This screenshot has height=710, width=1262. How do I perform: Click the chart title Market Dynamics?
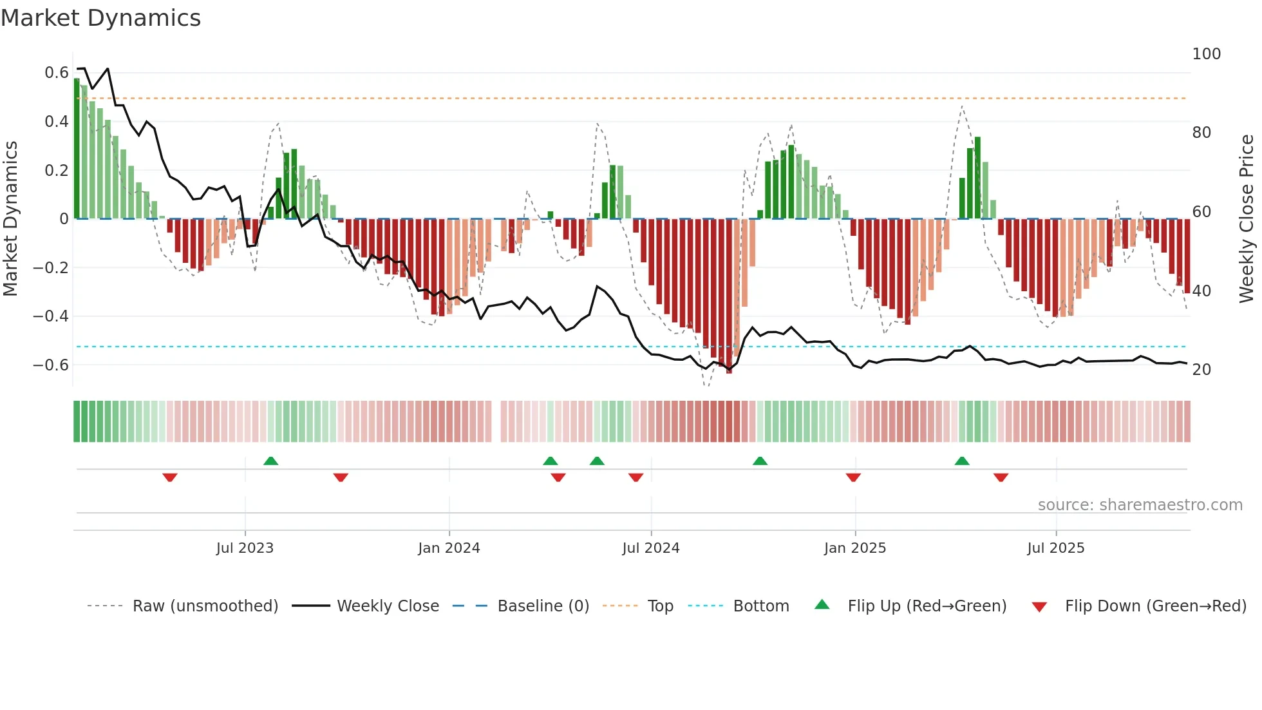[x=101, y=18]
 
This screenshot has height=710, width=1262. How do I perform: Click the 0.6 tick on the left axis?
[x=57, y=73]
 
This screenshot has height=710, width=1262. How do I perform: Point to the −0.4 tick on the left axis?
[x=51, y=316]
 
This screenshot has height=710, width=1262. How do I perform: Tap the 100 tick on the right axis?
[x=1206, y=54]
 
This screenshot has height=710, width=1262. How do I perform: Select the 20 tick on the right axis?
[x=1201, y=370]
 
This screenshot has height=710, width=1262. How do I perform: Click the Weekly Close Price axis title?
[x=1247, y=219]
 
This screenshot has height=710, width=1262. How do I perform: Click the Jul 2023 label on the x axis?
[x=245, y=548]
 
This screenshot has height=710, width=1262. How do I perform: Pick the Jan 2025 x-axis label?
[x=854, y=548]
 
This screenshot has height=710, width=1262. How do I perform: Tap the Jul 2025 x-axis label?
[x=1055, y=548]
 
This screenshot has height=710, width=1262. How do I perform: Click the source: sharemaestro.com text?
[x=1140, y=505]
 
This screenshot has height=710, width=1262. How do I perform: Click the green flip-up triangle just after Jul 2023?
[x=271, y=461]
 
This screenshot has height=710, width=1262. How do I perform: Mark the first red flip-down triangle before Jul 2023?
[x=170, y=477]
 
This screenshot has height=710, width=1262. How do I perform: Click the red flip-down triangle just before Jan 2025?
[x=853, y=477]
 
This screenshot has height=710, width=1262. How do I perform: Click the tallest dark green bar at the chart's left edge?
[x=77, y=148]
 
